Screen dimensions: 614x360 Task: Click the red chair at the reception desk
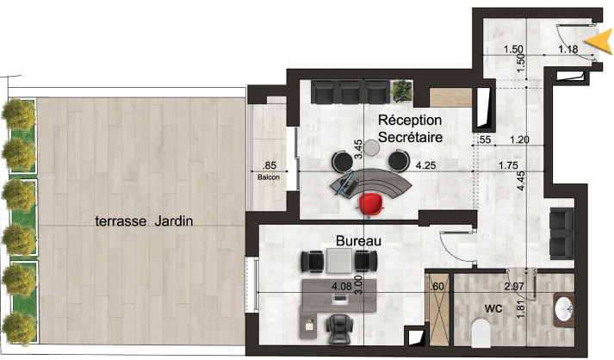tap(370, 203)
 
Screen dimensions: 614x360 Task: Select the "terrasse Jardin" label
tap(144, 221)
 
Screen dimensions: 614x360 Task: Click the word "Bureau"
tap(359, 241)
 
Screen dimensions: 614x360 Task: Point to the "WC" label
tap(493, 309)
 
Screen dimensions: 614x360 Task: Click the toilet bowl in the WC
tap(481, 333)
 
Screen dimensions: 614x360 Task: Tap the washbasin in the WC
tap(563, 309)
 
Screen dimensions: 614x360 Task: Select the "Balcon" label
tap(269, 177)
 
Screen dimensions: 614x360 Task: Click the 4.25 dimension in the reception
tap(425, 165)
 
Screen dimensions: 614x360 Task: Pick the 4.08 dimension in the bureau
tap(342, 287)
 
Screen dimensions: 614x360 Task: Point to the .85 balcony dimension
tap(270, 165)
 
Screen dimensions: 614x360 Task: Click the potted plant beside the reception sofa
tap(402, 90)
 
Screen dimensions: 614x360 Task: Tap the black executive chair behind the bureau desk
tap(339, 329)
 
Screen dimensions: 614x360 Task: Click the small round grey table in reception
tap(371, 147)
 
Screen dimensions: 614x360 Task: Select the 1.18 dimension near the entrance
tap(568, 49)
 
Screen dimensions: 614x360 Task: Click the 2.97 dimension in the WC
tap(514, 287)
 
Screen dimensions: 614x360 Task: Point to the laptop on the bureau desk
tap(340, 299)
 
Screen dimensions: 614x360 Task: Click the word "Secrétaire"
tap(411, 137)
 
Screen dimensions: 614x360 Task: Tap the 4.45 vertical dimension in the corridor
tap(520, 181)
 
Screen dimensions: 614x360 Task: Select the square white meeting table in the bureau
tap(339, 261)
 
